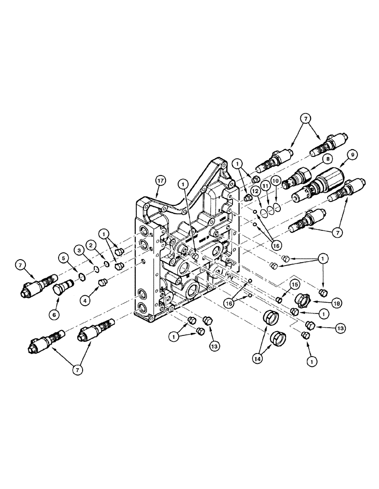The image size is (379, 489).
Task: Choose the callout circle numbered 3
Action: point(77,250)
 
